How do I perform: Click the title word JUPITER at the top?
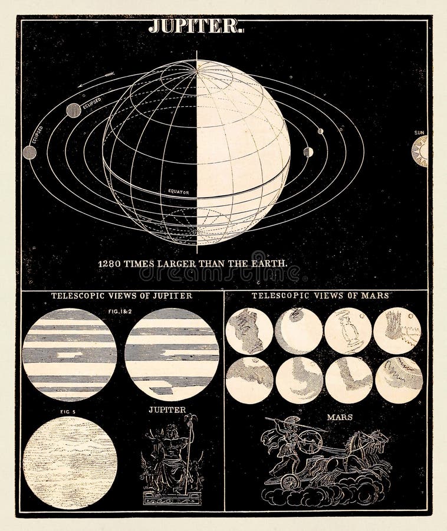click(195, 26)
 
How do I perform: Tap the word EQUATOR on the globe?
click(178, 192)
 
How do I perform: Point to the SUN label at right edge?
click(419, 133)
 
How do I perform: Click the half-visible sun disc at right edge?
click(420, 151)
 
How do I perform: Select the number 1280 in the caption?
click(110, 263)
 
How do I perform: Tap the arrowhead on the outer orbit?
click(108, 75)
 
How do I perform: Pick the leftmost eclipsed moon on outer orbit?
click(29, 152)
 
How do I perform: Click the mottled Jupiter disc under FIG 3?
click(70, 463)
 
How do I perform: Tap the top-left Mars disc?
click(249, 331)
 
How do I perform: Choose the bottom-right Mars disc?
click(399, 380)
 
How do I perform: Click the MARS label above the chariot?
click(340, 417)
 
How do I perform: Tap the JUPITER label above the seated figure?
click(167, 409)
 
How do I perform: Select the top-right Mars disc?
click(397, 330)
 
